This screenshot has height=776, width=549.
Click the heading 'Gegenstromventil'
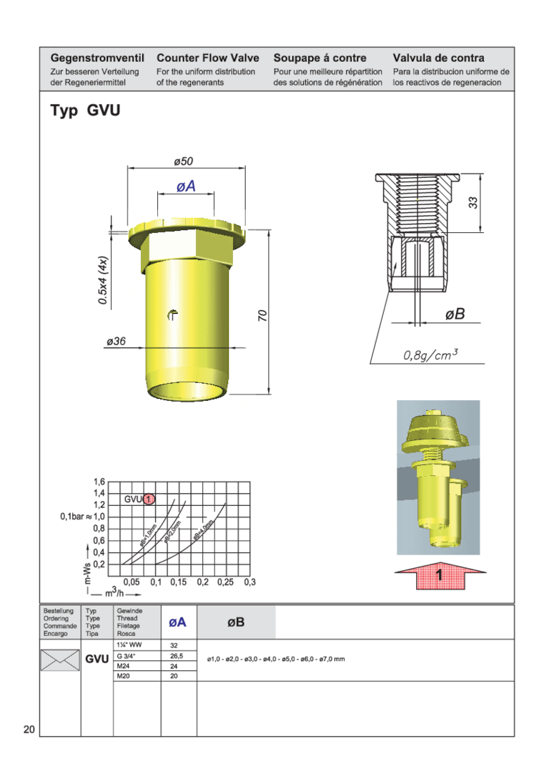click(97, 58)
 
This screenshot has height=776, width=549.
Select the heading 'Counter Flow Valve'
click(207, 58)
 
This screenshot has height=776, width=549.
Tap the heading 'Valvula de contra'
click(438, 58)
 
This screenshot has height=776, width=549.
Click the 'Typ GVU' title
click(85, 111)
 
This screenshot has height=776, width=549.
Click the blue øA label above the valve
click(186, 186)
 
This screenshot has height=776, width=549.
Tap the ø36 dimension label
click(116, 342)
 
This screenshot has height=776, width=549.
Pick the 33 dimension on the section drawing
click(473, 202)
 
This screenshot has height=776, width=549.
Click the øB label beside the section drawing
click(455, 314)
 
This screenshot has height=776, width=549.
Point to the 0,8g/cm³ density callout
click(430, 354)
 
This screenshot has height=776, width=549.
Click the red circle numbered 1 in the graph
click(149, 499)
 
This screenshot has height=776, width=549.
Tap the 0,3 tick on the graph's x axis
click(249, 582)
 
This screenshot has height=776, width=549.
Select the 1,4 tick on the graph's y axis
click(99, 493)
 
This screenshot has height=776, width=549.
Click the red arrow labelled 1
click(440, 575)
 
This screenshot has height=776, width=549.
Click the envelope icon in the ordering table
click(60, 660)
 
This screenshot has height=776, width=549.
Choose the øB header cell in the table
click(236, 622)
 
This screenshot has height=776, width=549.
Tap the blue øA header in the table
click(177, 622)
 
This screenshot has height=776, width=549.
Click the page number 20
click(29, 730)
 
